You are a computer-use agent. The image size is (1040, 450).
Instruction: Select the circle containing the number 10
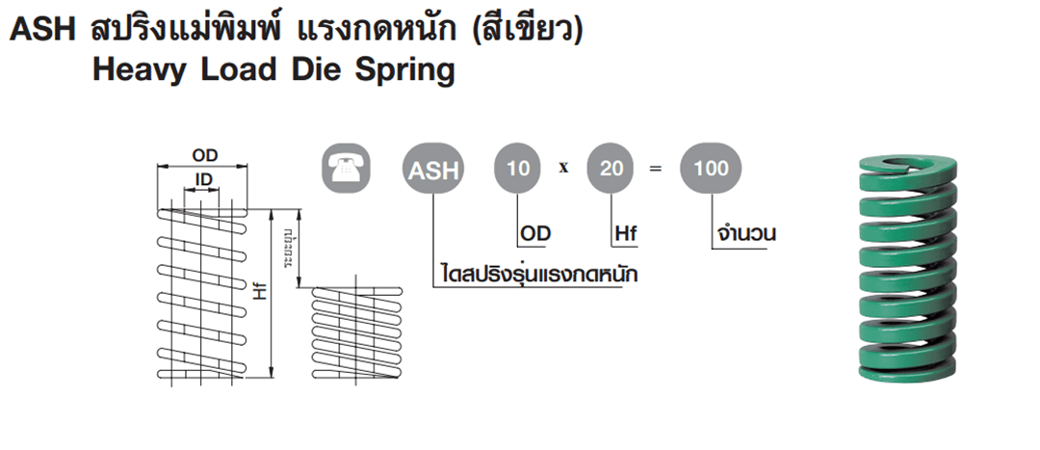coord(518,170)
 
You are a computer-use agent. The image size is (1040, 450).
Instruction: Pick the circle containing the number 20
coord(611,170)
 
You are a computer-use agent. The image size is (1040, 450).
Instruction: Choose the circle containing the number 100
coord(711,170)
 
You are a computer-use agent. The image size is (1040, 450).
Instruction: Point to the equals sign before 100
coord(657,170)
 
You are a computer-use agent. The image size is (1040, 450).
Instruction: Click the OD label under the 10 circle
coord(535,234)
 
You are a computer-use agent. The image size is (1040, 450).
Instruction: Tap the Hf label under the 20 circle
coord(627,234)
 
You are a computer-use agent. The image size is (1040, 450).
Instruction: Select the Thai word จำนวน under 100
coord(746,234)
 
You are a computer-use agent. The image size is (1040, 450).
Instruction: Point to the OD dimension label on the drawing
coord(204,155)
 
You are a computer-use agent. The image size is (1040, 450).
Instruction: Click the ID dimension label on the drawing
coord(203,181)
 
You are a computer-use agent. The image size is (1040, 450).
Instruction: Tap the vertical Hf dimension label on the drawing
coord(257,293)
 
